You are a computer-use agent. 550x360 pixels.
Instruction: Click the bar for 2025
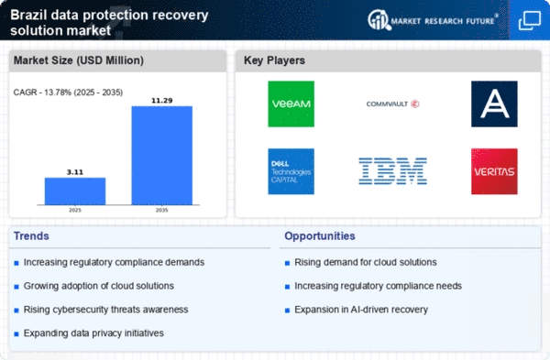coord(75,191)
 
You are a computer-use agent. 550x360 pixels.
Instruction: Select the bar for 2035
coord(162,156)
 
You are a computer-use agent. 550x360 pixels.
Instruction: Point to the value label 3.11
coord(75,172)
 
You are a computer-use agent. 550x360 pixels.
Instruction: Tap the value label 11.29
coord(162,101)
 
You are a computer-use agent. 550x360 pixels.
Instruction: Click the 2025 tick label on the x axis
coord(75,211)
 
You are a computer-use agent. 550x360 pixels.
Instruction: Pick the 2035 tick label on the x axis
coord(161,211)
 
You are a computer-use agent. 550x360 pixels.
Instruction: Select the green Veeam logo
coord(291,104)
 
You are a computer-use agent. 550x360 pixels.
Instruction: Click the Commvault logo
coord(392,104)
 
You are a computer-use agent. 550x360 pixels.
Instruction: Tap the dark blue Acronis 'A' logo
coord(494,104)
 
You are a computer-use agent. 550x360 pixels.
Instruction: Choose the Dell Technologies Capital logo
coord(291,171)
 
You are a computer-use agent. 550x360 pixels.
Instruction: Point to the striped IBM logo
coord(392,171)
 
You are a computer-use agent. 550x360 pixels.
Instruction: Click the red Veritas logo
coord(494,171)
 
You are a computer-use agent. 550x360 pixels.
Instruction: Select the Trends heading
coord(31,236)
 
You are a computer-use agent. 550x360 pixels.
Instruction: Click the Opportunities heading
coord(320,236)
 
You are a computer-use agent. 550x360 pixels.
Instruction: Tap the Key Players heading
coord(274,60)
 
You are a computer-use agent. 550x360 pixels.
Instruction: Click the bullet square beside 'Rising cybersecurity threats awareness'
coord(16,311)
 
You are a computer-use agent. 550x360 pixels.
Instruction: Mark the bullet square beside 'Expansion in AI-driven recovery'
coord(287,311)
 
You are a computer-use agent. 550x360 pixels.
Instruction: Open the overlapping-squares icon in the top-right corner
coord(530,21)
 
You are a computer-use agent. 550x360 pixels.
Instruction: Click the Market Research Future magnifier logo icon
coord(379,20)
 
